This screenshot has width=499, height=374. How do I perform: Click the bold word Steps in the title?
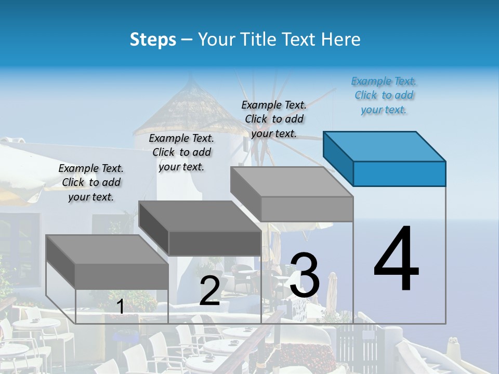153,39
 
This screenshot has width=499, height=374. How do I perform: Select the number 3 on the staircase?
305,275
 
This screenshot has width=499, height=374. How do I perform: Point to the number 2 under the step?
209,291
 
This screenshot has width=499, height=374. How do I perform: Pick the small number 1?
120,306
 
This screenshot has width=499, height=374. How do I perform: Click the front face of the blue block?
399,173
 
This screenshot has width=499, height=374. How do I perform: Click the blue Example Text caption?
384,95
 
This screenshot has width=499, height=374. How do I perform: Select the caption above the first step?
91,182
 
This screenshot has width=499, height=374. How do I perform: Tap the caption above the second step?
181,152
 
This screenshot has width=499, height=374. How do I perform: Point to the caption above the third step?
274,119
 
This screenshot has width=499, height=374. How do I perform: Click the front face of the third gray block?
307,209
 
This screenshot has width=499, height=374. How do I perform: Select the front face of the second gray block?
214,243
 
